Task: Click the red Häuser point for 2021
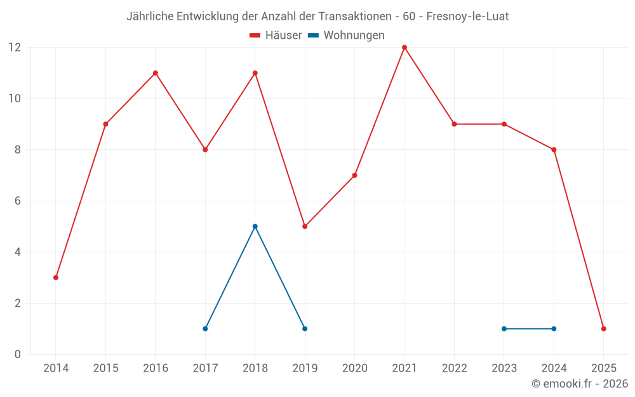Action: click(x=404, y=48)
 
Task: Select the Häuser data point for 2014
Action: click(x=56, y=278)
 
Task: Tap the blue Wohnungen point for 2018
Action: click(x=255, y=226)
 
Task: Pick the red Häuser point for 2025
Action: click(x=603, y=328)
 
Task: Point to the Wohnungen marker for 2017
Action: click(x=205, y=328)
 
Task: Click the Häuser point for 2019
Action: click(x=305, y=226)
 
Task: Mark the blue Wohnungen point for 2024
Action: click(x=554, y=328)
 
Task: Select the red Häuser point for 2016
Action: click(x=156, y=73)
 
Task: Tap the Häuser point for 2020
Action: click(x=354, y=175)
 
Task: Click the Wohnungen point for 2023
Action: click(x=504, y=328)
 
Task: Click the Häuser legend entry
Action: click(x=276, y=36)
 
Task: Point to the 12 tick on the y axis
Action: click(x=15, y=48)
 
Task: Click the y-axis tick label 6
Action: click(x=18, y=201)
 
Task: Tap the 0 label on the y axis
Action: click(x=18, y=354)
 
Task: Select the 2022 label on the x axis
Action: click(x=454, y=368)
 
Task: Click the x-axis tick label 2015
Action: click(x=105, y=368)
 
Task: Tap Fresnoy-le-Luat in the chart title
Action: click(x=467, y=17)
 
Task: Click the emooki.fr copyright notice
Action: click(x=580, y=384)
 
